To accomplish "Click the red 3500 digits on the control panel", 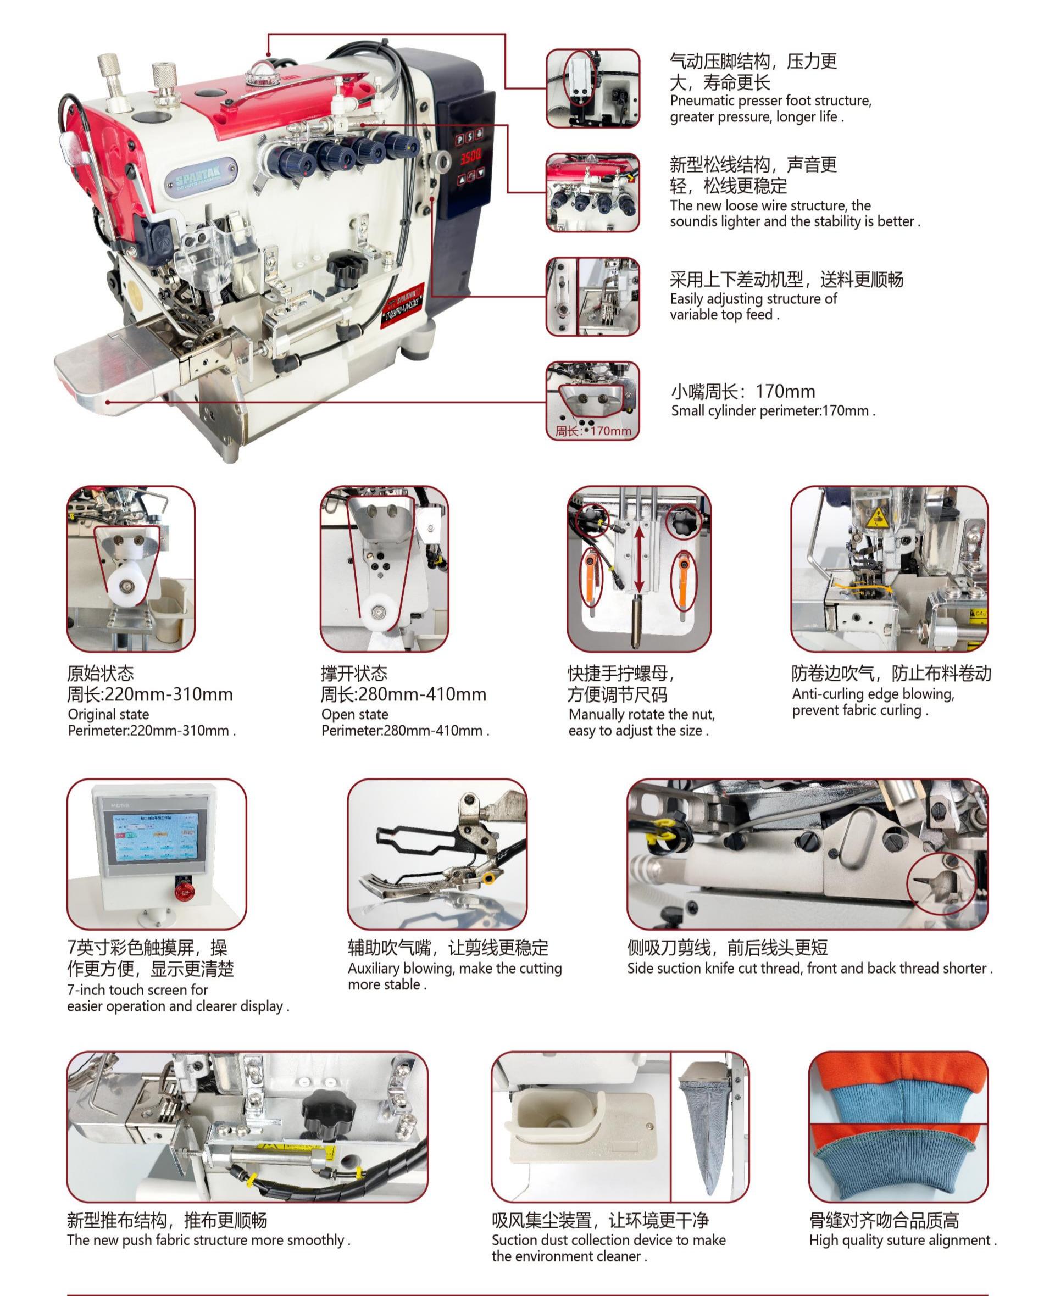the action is tap(470, 157).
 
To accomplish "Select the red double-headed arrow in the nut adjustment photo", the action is tap(638, 559).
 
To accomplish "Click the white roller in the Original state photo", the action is tap(127, 586).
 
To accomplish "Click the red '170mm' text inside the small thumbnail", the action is tap(611, 431).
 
